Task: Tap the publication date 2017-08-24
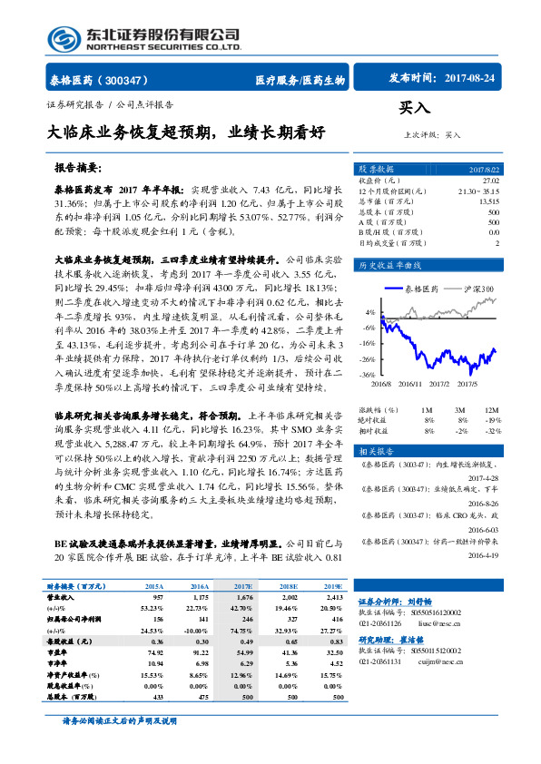[471, 80]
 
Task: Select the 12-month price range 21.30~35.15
[478, 191]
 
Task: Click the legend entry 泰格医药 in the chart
[420, 289]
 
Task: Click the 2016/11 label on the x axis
[408, 384]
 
